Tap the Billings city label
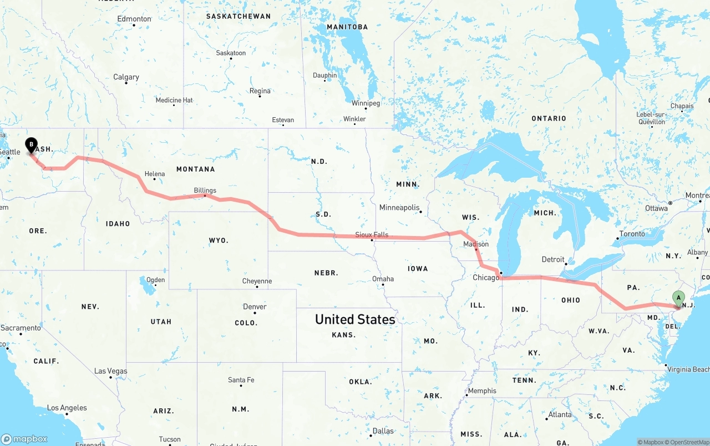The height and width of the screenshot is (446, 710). click(205, 191)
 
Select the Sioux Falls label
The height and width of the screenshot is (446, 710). click(372, 235)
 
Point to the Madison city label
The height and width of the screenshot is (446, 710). click(476, 244)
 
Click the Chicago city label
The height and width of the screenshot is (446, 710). click(486, 278)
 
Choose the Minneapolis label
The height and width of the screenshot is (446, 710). click(399, 208)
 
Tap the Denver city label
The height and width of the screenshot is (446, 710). click(255, 307)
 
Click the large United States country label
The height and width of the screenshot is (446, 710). click(355, 319)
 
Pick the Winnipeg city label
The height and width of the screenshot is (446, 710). click(366, 103)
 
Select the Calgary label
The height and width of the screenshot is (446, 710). click(126, 77)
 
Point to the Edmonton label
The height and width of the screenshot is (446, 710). click(134, 19)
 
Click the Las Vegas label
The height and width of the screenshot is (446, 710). click(110, 371)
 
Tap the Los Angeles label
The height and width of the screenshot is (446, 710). click(67, 408)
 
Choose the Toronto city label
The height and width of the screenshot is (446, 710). click(632, 234)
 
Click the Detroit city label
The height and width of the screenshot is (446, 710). click(553, 259)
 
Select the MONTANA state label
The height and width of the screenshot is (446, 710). click(195, 169)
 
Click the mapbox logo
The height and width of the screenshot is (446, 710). click(24, 439)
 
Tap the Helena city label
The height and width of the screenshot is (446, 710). click(155, 174)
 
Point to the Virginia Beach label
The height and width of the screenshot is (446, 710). click(688, 369)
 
